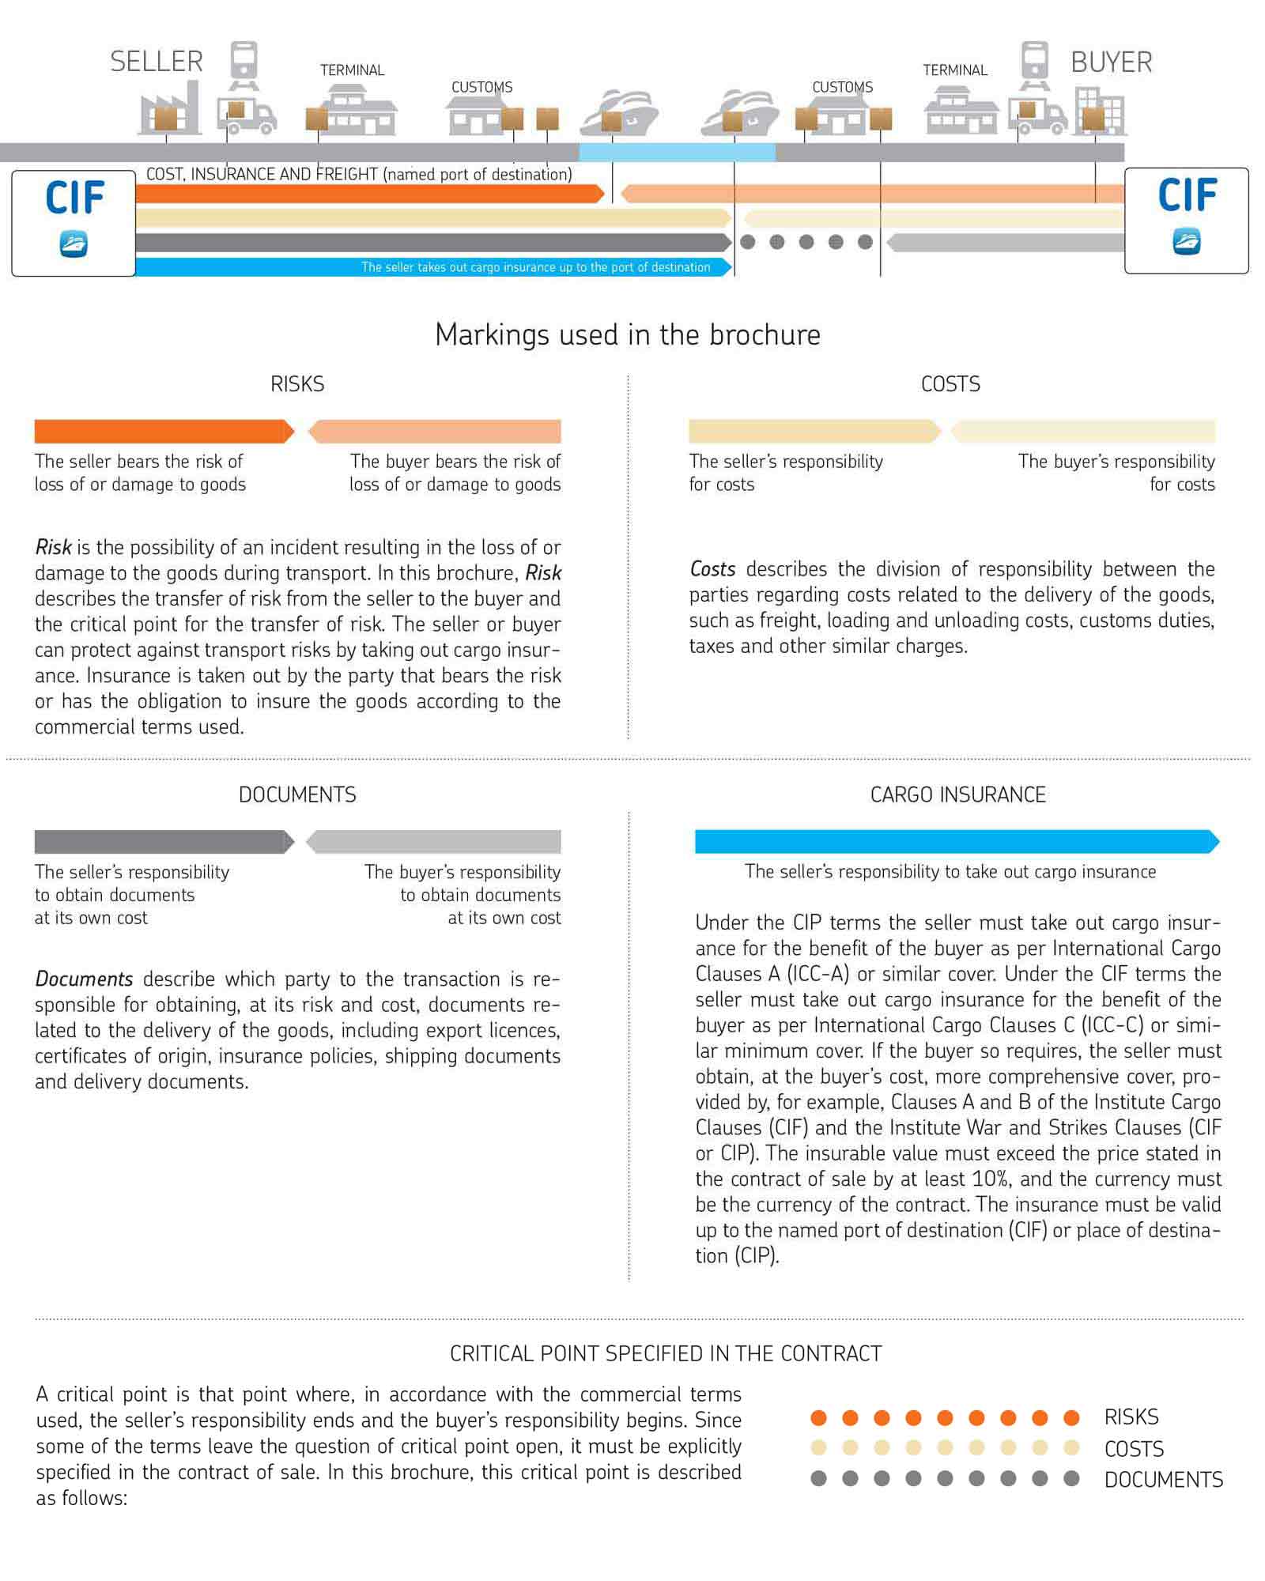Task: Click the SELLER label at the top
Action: click(157, 62)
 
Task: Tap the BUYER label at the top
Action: click(1111, 62)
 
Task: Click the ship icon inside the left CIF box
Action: click(74, 243)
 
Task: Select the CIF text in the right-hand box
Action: click(1186, 196)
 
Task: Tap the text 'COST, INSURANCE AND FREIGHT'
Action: click(262, 174)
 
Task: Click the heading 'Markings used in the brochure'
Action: click(628, 335)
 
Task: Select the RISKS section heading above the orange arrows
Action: click(297, 384)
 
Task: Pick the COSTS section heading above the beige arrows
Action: click(950, 384)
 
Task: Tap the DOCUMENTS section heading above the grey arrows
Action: click(297, 794)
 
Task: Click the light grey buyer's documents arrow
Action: click(435, 842)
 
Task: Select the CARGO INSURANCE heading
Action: click(957, 794)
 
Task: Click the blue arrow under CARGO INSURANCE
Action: click(957, 842)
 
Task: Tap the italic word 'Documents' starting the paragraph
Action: click(84, 979)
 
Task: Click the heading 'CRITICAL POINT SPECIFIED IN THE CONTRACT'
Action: click(666, 1353)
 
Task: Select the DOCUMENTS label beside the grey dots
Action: click(1163, 1479)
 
